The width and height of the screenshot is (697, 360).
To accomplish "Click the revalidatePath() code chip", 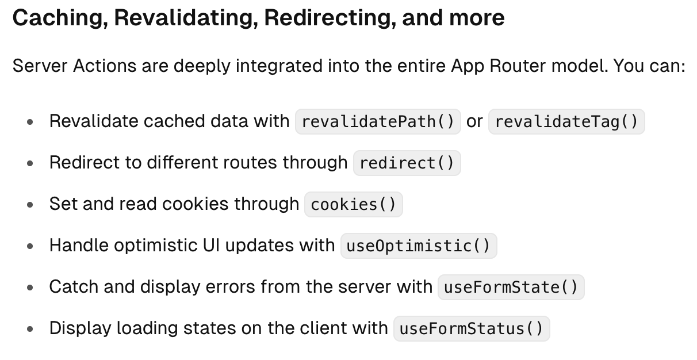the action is tap(378, 122).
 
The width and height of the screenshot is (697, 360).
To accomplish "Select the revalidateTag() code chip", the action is tap(566, 122).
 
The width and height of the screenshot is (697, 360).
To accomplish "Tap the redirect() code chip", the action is tap(407, 163).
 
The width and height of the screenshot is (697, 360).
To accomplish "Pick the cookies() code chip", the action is tap(353, 205).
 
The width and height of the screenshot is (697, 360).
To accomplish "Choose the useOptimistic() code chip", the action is tap(418, 246).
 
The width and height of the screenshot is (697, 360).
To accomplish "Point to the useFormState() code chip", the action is tap(511, 288).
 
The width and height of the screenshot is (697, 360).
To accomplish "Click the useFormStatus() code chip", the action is tap(471, 329).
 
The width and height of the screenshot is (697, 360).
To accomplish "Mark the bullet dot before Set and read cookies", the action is tap(30, 205).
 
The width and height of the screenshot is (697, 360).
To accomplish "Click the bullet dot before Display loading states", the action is tap(30, 330).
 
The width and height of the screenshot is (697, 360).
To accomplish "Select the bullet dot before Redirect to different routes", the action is tap(30, 164).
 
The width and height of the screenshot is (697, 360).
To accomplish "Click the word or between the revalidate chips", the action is tap(474, 121).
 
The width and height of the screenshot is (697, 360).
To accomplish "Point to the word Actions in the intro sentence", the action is tap(104, 66).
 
